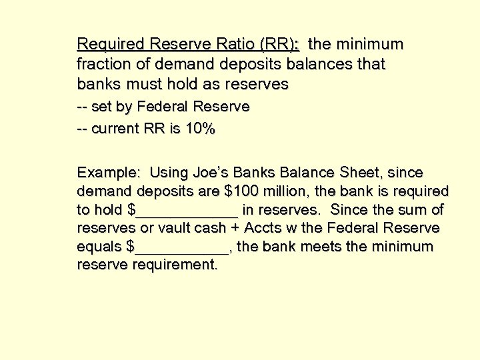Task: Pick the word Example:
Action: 109,173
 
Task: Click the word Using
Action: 169,173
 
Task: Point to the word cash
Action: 209,229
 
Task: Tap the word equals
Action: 99,247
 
